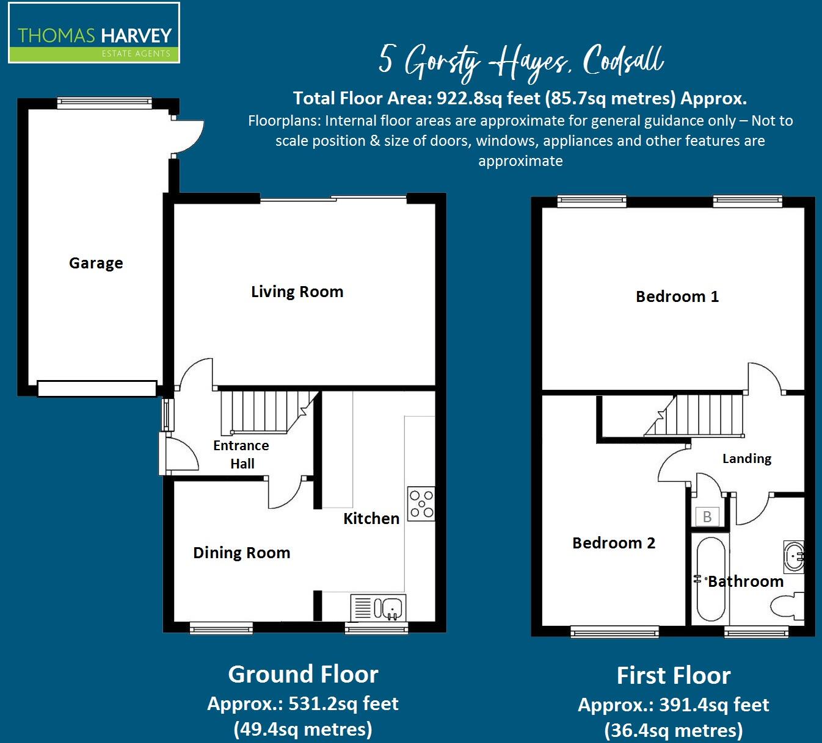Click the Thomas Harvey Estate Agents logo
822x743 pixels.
[94, 34]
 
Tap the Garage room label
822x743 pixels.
[96, 263]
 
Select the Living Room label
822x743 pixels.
[297, 292]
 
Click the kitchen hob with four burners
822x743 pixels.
[421, 504]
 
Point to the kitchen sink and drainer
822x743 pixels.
[378, 608]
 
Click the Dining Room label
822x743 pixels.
[241, 553]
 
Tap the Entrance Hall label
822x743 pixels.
[241, 454]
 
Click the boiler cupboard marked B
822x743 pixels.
[707, 517]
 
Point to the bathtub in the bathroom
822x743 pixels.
[710, 579]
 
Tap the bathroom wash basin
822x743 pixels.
[793, 556]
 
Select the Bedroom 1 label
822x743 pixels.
[677, 296]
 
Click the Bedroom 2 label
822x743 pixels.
[613, 543]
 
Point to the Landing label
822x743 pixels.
[746, 458]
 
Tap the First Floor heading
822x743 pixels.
[673, 675]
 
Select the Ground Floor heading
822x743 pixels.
[303, 674]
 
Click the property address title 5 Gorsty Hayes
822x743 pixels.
[520, 62]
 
